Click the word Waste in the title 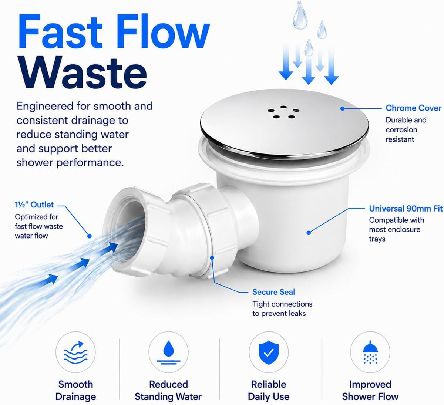tap(83, 73)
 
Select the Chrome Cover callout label tap(413, 108)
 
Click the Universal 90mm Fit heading tap(406, 209)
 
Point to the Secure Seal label tap(273, 292)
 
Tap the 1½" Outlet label tap(34, 205)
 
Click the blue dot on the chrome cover tap(342, 108)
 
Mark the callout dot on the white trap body tap(309, 233)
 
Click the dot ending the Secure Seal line tap(212, 257)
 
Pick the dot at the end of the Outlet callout tap(90, 236)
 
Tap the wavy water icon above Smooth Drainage tap(75, 353)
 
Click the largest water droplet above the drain tap(300, 16)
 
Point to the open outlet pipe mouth tap(125, 228)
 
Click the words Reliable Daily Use tap(269, 391)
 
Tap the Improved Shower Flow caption tap(370, 391)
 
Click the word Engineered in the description tap(45, 107)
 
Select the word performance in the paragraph tap(90, 163)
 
